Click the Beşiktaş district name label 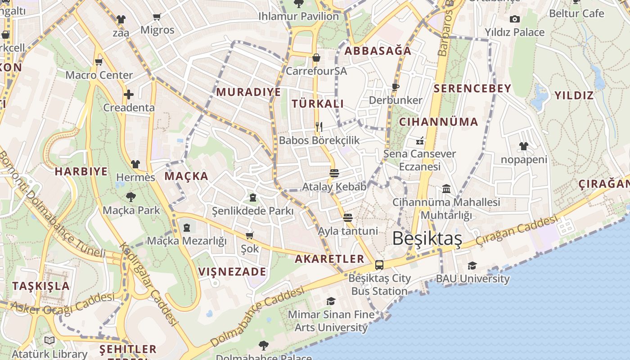427,238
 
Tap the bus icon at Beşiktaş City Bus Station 379,265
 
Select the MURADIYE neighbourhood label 248,92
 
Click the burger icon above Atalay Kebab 334,173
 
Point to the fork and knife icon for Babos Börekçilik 319,126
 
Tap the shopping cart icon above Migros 157,17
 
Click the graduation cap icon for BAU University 472,266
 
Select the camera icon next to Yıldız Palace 515,19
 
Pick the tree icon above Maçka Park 131,197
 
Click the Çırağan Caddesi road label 517,232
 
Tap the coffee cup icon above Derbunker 396,87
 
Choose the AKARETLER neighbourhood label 329,259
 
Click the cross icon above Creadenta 129,94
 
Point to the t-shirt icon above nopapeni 524,146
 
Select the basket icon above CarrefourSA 316,58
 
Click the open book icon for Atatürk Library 49,341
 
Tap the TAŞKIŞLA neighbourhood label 41,286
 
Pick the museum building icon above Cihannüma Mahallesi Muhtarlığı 446,189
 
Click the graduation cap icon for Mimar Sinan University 331,301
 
